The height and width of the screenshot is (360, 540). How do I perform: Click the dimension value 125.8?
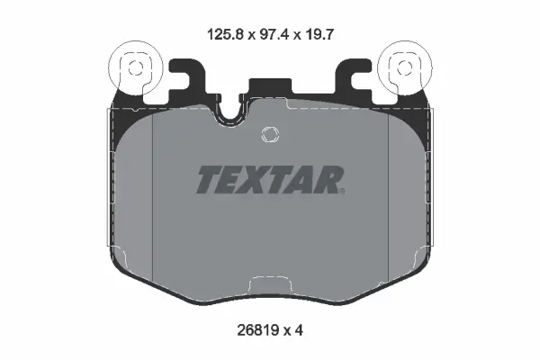[x=225, y=35]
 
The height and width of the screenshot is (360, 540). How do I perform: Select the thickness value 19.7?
[x=319, y=35]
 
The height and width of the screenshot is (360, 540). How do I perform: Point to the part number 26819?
[x=257, y=330]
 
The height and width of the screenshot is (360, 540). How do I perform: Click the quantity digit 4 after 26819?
[x=299, y=330]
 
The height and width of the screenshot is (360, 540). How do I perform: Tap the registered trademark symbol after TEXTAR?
[x=342, y=191]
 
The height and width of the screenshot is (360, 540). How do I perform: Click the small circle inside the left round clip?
[x=135, y=68]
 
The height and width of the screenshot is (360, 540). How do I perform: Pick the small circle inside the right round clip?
[x=404, y=67]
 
